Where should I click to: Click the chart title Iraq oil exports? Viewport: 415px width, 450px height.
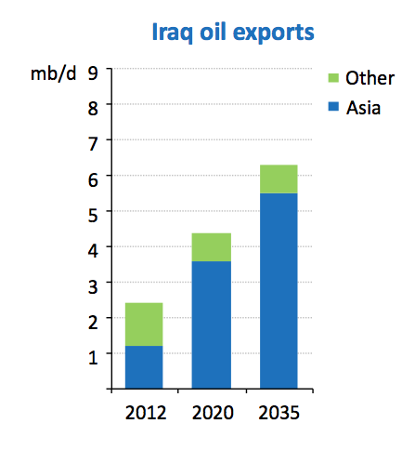(x=233, y=33)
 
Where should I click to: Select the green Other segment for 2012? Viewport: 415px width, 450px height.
(x=144, y=324)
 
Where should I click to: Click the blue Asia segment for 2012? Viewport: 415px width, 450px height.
(x=144, y=367)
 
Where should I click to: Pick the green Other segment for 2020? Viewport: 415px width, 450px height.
(x=212, y=247)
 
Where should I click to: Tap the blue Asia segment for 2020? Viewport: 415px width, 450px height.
(x=212, y=324)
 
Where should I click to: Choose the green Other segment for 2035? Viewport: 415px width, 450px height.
(x=279, y=179)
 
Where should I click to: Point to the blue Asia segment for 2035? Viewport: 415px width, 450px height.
(x=279, y=291)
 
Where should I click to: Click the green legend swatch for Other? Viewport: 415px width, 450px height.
(x=333, y=78)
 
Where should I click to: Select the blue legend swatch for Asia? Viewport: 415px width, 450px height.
(x=333, y=106)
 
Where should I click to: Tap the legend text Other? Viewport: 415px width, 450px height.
(x=370, y=78)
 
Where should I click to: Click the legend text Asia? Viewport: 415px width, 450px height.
(x=363, y=108)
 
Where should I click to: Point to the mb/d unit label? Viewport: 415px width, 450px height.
(x=53, y=73)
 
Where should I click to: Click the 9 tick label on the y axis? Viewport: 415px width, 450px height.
(x=93, y=73)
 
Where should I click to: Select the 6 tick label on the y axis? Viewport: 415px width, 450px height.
(x=93, y=179)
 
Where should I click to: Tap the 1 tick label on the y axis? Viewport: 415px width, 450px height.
(x=93, y=358)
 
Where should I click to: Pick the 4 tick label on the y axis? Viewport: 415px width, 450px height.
(x=93, y=251)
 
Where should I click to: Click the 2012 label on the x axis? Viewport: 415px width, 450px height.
(x=146, y=413)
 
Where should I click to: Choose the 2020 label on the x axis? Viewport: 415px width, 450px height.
(x=213, y=413)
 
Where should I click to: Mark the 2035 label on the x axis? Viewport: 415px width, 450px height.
(x=279, y=413)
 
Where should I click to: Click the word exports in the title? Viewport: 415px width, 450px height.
(x=274, y=33)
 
